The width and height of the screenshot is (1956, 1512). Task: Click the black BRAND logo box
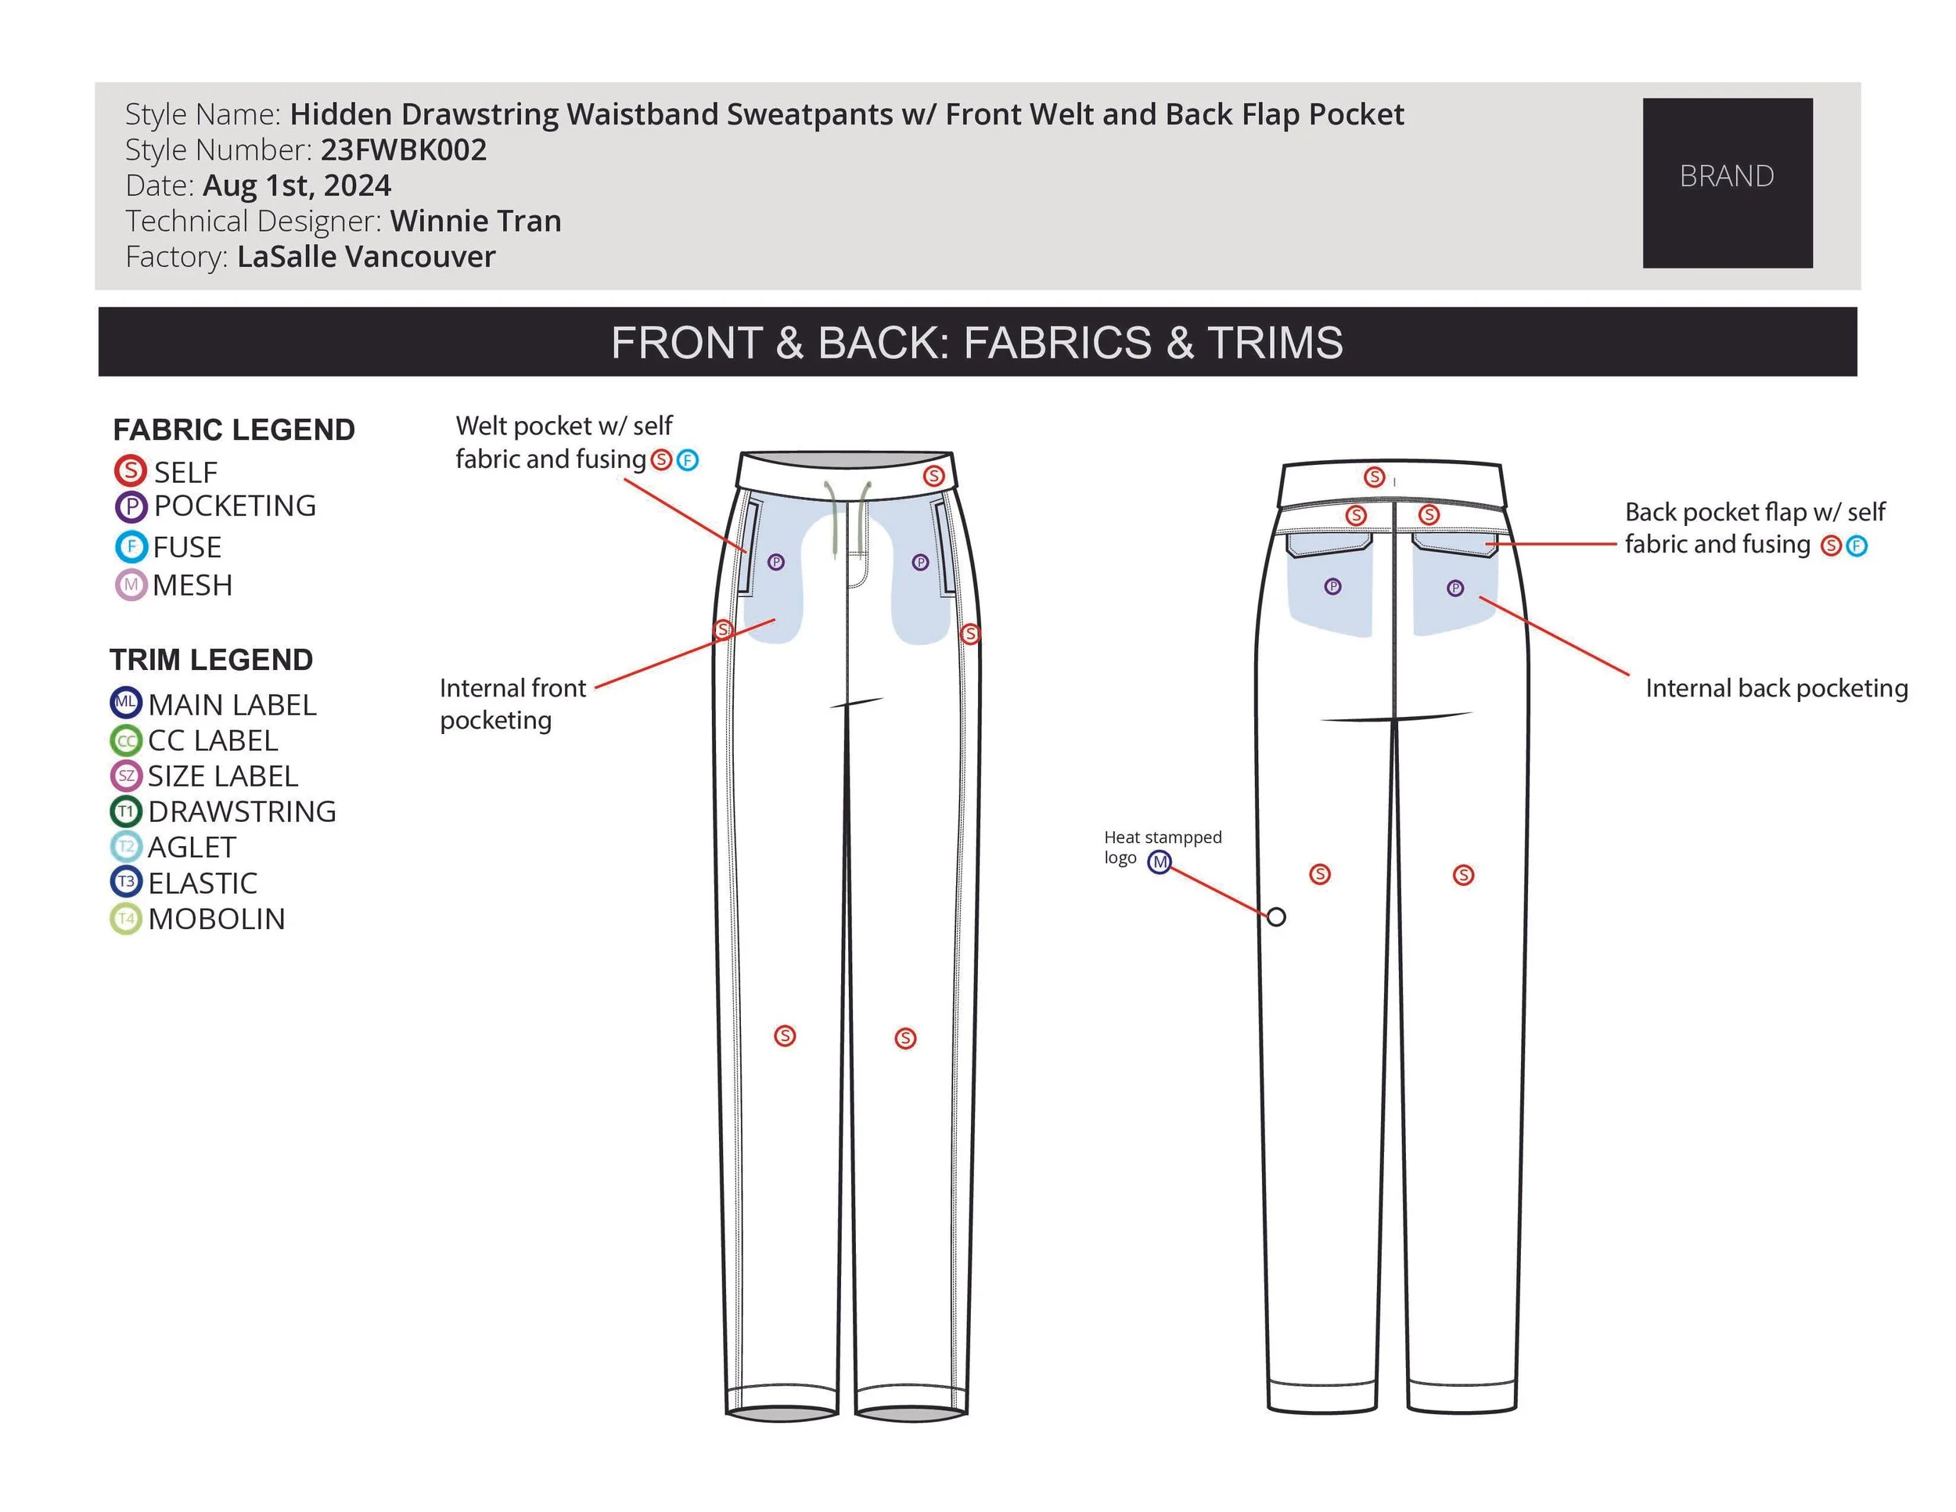(1727, 182)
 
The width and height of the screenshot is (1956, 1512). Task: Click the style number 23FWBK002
(403, 149)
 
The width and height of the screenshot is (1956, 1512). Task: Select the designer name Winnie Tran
(476, 221)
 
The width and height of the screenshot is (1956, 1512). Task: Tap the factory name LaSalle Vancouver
(365, 256)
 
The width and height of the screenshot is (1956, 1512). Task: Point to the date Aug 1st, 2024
(297, 185)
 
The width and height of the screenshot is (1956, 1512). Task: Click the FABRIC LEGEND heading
(234, 430)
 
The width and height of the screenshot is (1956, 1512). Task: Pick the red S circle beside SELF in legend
(130, 470)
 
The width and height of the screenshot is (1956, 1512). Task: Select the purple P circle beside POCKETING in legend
(131, 507)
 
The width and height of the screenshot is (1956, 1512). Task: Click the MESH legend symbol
(131, 585)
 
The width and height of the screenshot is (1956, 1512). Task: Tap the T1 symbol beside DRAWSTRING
(125, 812)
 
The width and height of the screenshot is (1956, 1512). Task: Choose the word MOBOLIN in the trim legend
(216, 919)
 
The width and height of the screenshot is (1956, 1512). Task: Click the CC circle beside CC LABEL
(125, 741)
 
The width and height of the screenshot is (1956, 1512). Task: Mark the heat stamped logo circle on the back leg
(1276, 916)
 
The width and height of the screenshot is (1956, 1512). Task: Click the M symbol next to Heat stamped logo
(1160, 862)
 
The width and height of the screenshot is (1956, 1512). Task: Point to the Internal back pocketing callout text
(1776, 688)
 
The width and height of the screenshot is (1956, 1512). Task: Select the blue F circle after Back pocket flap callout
(1857, 545)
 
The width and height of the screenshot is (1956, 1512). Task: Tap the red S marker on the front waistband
(933, 476)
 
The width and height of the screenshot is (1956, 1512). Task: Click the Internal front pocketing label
(512, 704)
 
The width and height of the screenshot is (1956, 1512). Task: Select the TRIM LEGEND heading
(211, 661)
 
